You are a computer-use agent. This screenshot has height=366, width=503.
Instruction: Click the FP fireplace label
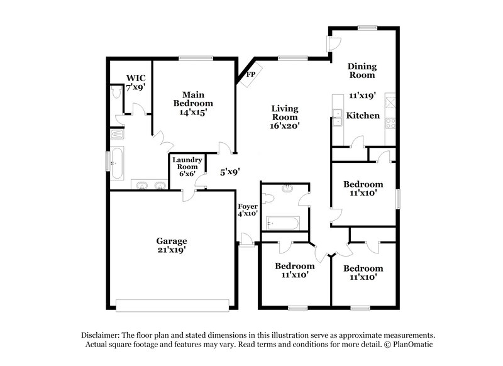pos(250,74)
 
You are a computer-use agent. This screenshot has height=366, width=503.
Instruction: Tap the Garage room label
pos(172,241)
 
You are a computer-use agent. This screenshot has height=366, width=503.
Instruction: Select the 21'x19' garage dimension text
pos(172,250)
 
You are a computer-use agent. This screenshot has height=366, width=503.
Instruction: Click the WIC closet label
pos(135,79)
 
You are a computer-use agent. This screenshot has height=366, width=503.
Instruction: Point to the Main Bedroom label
pos(192,98)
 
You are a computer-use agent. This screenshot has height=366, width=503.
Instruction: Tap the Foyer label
pos(247,206)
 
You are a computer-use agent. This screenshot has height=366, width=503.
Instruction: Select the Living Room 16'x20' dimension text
pos(284,126)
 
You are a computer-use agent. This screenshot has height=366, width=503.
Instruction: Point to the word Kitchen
pos(364,116)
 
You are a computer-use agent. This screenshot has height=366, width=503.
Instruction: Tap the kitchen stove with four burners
pos(390,123)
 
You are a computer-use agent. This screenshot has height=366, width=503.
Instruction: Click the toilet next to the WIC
pos(115,93)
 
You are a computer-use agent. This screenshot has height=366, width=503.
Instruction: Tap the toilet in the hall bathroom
pos(268,199)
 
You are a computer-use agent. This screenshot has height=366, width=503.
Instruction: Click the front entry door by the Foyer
pos(246,239)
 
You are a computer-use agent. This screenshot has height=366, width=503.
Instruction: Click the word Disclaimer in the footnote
pos(100,336)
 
